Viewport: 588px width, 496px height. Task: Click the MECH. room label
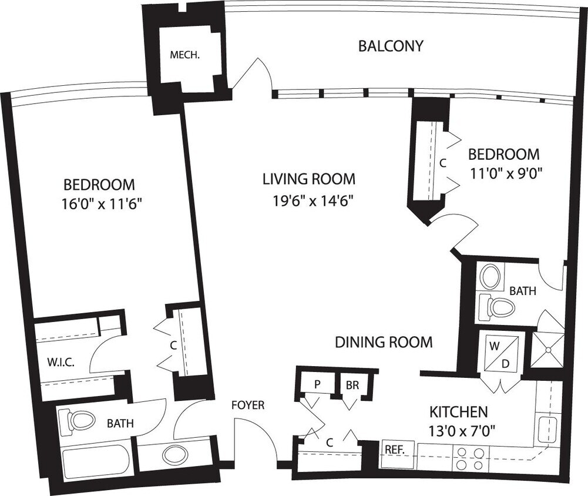pyautogui.click(x=184, y=56)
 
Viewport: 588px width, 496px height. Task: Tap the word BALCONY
pyautogui.click(x=391, y=46)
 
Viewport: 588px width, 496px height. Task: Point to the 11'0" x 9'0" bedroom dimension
pyautogui.click(x=503, y=173)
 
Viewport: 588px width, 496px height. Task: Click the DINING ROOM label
pyautogui.click(x=384, y=342)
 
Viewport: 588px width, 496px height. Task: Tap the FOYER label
pyautogui.click(x=247, y=405)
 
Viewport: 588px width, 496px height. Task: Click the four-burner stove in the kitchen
pyautogui.click(x=470, y=458)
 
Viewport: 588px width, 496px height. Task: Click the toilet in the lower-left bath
pyautogui.click(x=78, y=420)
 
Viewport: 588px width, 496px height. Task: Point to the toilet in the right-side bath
pyautogui.click(x=498, y=306)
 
